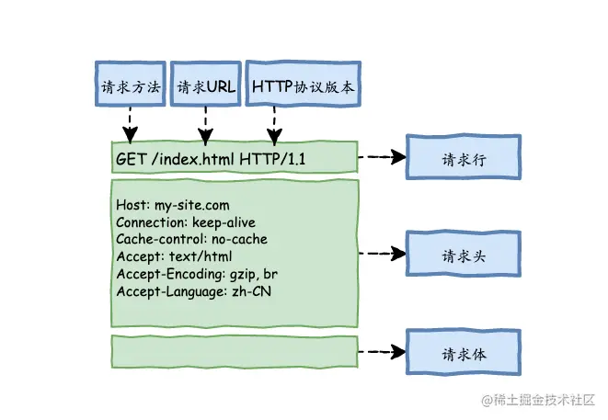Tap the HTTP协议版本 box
pyautogui.click(x=303, y=87)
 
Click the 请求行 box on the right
pyautogui.click(x=463, y=158)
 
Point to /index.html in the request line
pyautogui.click(x=191, y=160)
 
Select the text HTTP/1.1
pyautogui.click(x=273, y=160)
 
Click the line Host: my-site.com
pyautogui.click(x=173, y=205)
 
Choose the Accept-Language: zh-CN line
pyautogui.click(x=194, y=291)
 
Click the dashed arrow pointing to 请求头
pyautogui.click(x=382, y=253)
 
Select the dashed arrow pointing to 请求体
pyautogui.click(x=382, y=352)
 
